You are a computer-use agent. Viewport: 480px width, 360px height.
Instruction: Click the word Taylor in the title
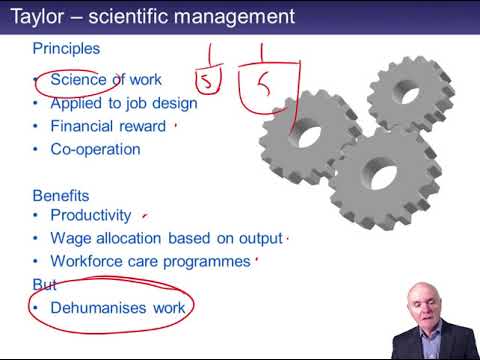[x=37, y=16]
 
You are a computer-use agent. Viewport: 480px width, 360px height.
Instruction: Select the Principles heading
[x=66, y=48]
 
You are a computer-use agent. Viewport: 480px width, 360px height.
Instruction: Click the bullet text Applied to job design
[x=123, y=102]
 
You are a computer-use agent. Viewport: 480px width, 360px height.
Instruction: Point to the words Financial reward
[x=108, y=126]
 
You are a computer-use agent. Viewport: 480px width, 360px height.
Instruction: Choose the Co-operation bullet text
[x=95, y=149]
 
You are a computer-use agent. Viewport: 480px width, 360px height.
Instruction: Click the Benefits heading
[x=61, y=196]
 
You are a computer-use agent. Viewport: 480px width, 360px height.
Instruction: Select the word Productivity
[x=91, y=215]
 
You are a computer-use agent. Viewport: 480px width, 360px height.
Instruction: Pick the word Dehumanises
[x=97, y=307]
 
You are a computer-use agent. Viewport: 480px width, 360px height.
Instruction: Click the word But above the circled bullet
[x=45, y=284]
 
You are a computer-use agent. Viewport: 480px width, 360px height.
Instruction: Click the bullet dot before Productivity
[x=37, y=215]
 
